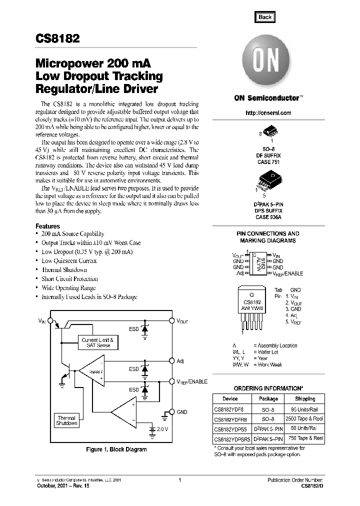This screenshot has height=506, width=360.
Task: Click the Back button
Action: point(264,17)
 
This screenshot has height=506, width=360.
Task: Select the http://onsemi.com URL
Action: point(268,113)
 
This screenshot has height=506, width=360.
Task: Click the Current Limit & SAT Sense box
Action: point(98,342)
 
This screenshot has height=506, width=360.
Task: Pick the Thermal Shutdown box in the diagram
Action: point(66,420)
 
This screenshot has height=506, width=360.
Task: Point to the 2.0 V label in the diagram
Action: point(162,429)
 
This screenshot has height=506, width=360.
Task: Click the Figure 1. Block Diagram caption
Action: point(116,449)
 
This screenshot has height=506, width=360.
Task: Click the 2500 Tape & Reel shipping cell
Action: point(304,418)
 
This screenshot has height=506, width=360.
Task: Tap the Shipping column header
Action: point(304,399)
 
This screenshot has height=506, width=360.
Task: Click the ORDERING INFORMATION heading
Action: point(268,388)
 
